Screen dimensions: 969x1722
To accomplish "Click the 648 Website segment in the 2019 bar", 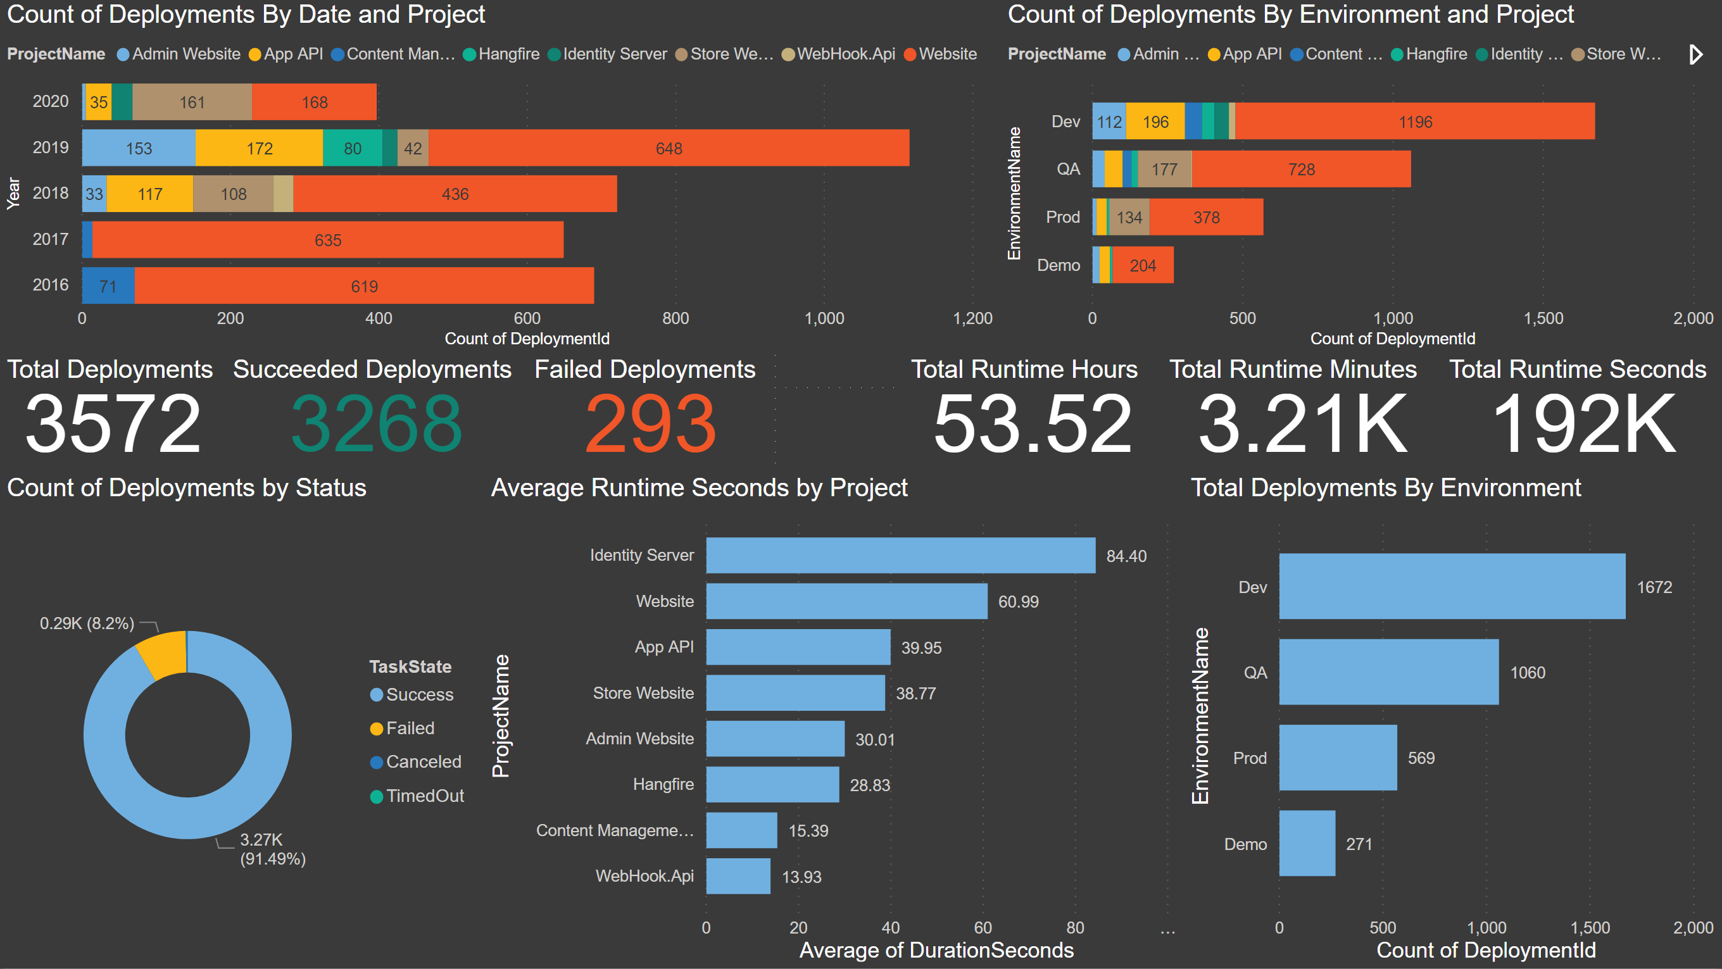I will point(669,148).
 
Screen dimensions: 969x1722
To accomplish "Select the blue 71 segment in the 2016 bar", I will point(108,286).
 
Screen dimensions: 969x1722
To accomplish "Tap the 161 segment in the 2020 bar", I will point(192,103).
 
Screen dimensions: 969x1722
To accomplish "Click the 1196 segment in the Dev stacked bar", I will point(1414,122).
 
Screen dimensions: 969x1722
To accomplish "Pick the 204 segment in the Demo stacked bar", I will point(1143,265).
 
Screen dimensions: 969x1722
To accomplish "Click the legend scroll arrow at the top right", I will point(1695,54).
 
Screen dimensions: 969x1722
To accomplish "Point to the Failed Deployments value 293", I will point(650,423).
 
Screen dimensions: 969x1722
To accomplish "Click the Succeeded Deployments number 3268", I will point(375,423).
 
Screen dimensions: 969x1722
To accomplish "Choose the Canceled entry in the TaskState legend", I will point(422,762).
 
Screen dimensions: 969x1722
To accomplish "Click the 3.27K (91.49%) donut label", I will point(272,849).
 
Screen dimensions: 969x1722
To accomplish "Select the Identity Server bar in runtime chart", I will point(900,555).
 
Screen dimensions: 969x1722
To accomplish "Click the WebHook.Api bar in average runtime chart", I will point(738,876).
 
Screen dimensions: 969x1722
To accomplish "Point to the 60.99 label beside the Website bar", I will point(1018,601).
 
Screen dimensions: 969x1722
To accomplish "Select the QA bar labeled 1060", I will point(1388,672).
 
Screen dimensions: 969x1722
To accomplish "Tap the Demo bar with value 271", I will point(1307,843).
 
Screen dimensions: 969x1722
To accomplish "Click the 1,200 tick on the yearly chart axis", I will point(972,318).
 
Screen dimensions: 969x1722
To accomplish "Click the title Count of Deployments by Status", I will point(187,488).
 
